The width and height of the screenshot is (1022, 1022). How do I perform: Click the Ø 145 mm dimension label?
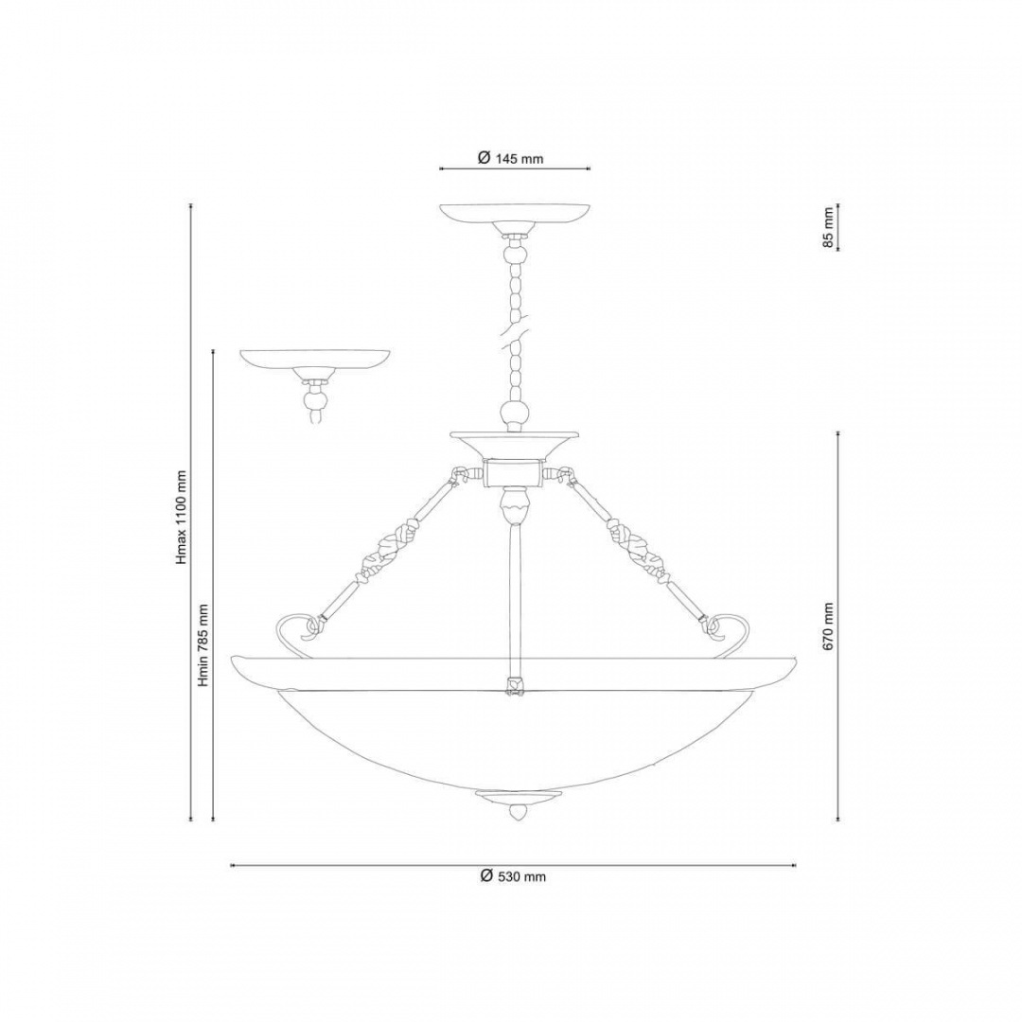click(510, 158)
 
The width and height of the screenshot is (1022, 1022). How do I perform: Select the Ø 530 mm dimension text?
click(513, 876)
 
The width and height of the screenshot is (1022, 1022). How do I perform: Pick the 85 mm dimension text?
click(828, 227)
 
